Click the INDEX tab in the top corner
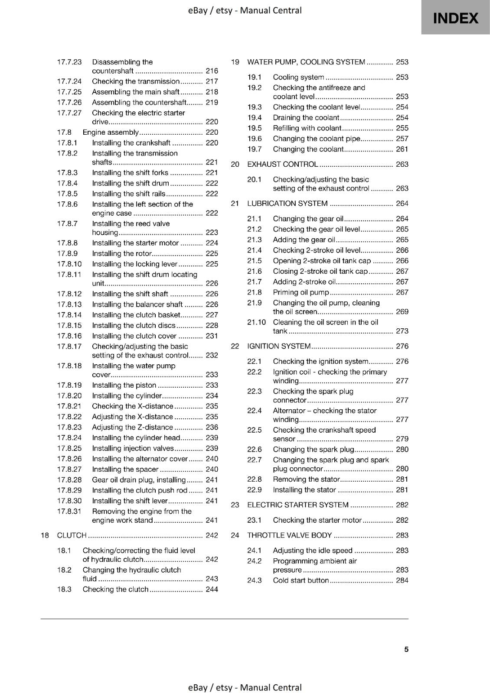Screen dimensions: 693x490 [455, 18]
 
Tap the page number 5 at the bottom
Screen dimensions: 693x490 [406, 649]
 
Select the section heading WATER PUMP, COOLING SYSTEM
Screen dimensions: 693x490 [306, 62]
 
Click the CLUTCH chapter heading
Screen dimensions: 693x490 [72, 535]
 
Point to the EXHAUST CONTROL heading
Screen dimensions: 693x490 [282, 164]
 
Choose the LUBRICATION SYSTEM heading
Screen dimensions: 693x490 [287, 204]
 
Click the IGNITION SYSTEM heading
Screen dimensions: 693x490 [279, 346]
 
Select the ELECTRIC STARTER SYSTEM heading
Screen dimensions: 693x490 [297, 505]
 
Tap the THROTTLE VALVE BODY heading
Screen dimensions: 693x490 [289, 535]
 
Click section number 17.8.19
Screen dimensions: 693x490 [69, 385]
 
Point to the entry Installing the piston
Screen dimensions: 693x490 [124, 385]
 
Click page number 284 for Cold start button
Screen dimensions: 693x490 [402, 580]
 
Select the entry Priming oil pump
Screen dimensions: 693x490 [301, 292]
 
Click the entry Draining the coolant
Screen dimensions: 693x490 [306, 117]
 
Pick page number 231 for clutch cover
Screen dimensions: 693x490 [212, 336]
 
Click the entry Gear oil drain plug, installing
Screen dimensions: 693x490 [139, 480]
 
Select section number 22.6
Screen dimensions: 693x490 [255, 450]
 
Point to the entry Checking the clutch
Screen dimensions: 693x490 [115, 589]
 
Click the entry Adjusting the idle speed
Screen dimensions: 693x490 [313, 551]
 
